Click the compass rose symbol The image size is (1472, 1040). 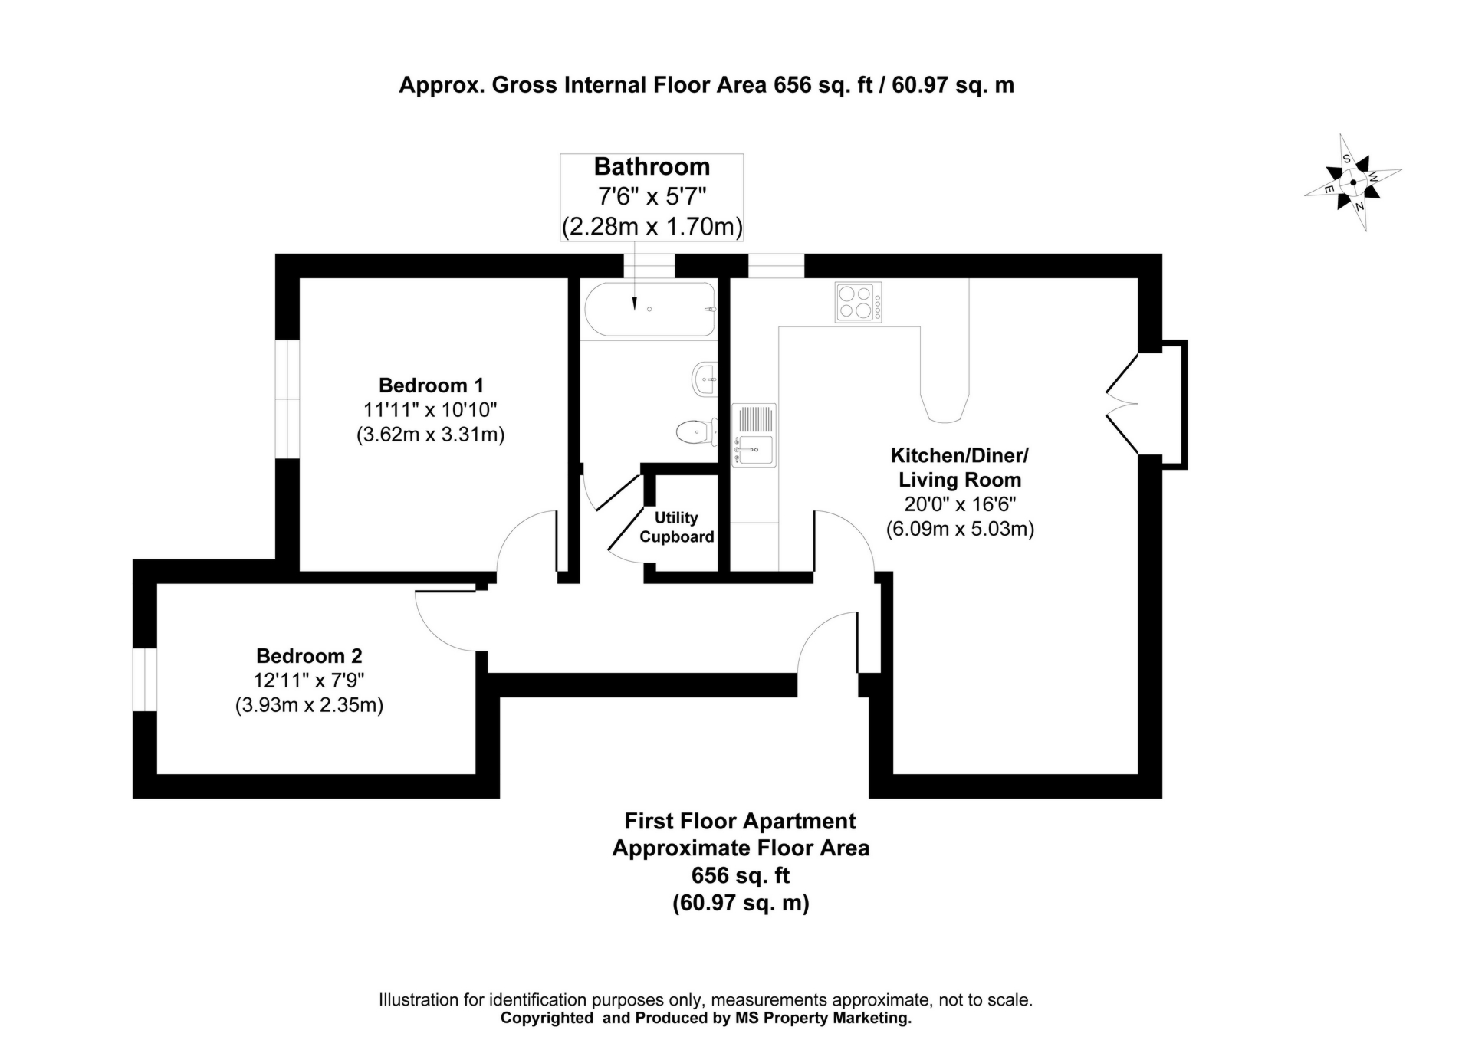[1353, 182]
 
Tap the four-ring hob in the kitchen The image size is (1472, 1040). [858, 302]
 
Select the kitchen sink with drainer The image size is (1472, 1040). [754, 435]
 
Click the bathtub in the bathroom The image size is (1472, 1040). [650, 309]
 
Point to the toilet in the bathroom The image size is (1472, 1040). [697, 431]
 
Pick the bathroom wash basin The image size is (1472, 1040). [705, 379]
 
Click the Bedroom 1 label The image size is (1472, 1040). [431, 385]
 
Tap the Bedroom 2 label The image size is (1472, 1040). [309, 656]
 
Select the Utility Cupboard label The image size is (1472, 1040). [677, 527]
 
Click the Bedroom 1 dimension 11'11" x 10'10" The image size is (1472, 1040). [431, 409]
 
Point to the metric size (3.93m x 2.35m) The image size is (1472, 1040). [309, 705]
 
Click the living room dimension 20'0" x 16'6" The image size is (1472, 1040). [960, 504]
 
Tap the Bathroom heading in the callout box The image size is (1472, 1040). [652, 166]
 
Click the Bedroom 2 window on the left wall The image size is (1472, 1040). [145, 681]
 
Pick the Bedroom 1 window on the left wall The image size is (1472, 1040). [287, 399]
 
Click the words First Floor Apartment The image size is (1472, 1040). [740, 821]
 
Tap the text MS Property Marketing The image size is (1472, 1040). [823, 1018]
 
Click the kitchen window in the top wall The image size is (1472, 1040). [776, 266]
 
